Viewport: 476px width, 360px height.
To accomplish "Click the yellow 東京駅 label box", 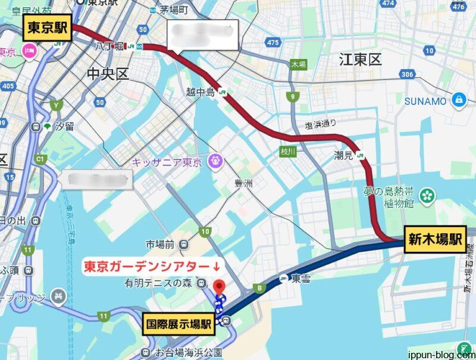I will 48,29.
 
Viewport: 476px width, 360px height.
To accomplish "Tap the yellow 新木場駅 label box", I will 435,239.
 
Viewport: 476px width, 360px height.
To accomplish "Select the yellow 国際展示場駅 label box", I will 180,324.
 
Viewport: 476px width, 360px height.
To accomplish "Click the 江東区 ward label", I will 359,60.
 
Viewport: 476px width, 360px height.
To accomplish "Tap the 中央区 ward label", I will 107,74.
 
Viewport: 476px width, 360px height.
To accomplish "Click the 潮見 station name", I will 345,155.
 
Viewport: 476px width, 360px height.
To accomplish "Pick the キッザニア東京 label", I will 168,162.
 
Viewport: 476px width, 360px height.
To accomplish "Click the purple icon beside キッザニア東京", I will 214,161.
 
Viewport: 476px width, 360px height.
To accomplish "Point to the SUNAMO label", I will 425,101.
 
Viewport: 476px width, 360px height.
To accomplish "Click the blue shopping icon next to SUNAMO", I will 459,99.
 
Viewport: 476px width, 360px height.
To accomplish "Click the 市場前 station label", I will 159,244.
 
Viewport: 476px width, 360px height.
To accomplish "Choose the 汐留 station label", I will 64,126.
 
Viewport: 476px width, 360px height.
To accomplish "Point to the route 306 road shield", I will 407,74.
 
